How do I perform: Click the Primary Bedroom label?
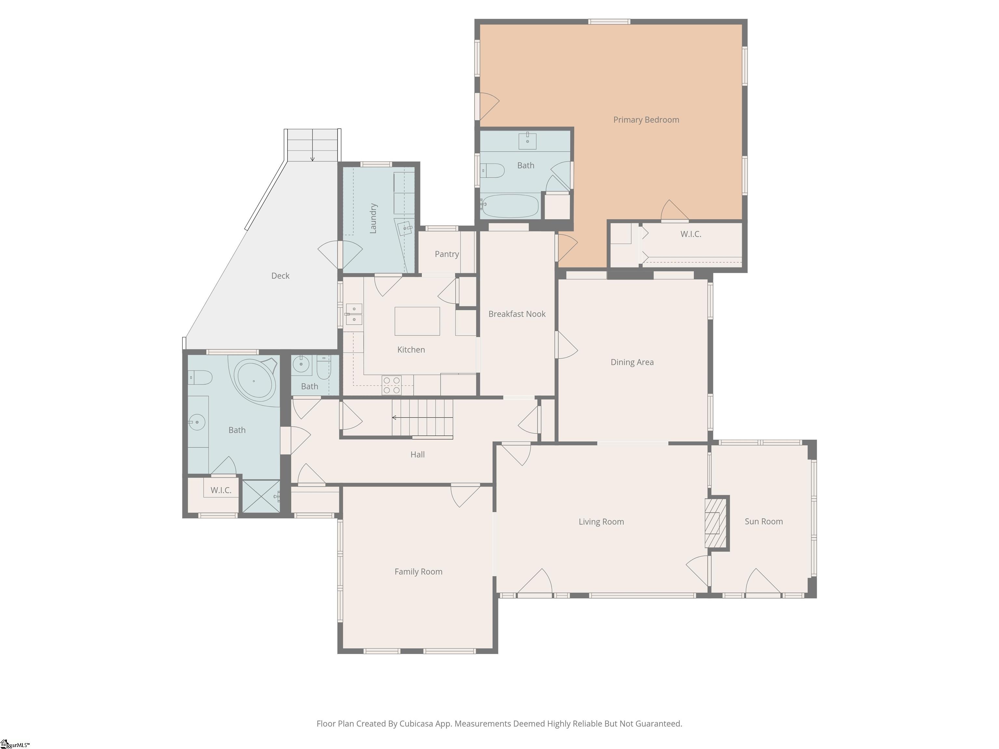pyautogui.click(x=646, y=120)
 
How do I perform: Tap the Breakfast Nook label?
pyautogui.click(x=517, y=314)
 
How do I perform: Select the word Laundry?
pyautogui.click(x=373, y=218)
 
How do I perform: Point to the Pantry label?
pyautogui.click(x=447, y=254)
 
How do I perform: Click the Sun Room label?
pyautogui.click(x=763, y=521)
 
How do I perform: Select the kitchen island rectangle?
pyautogui.click(x=417, y=321)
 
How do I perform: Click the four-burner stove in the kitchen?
pyautogui.click(x=391, y=385)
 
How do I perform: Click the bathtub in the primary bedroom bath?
pyautogui.click(x=510, y=206)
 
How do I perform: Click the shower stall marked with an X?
pyautogui.click(x=261, y=496)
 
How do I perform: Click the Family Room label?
pyautogui.click(x=418, y=572)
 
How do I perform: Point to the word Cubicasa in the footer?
pyautogui.click(x=416, y=724)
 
